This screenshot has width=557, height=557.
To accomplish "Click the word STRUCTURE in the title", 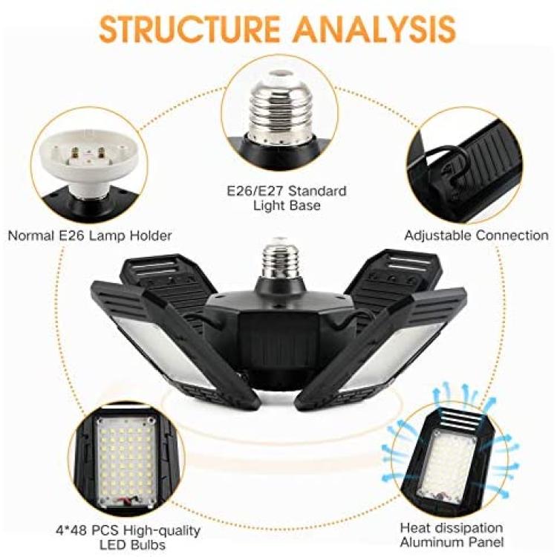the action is click(189, 28).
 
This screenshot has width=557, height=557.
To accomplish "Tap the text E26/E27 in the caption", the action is click(255, 191).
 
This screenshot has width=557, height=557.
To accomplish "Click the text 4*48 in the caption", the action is click(71, 531).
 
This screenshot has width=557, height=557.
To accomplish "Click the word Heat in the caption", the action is click(414, 528).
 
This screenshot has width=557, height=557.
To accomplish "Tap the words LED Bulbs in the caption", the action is click(132, 545).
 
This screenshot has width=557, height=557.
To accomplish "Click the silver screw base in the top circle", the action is click(279, 108).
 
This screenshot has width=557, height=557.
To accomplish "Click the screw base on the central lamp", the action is click(279, 258).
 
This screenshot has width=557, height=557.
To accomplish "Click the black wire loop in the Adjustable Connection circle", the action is click(444, 159).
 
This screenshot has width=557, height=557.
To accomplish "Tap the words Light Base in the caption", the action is click(287, 206).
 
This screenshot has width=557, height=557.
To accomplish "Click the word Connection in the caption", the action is click(512, 235).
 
